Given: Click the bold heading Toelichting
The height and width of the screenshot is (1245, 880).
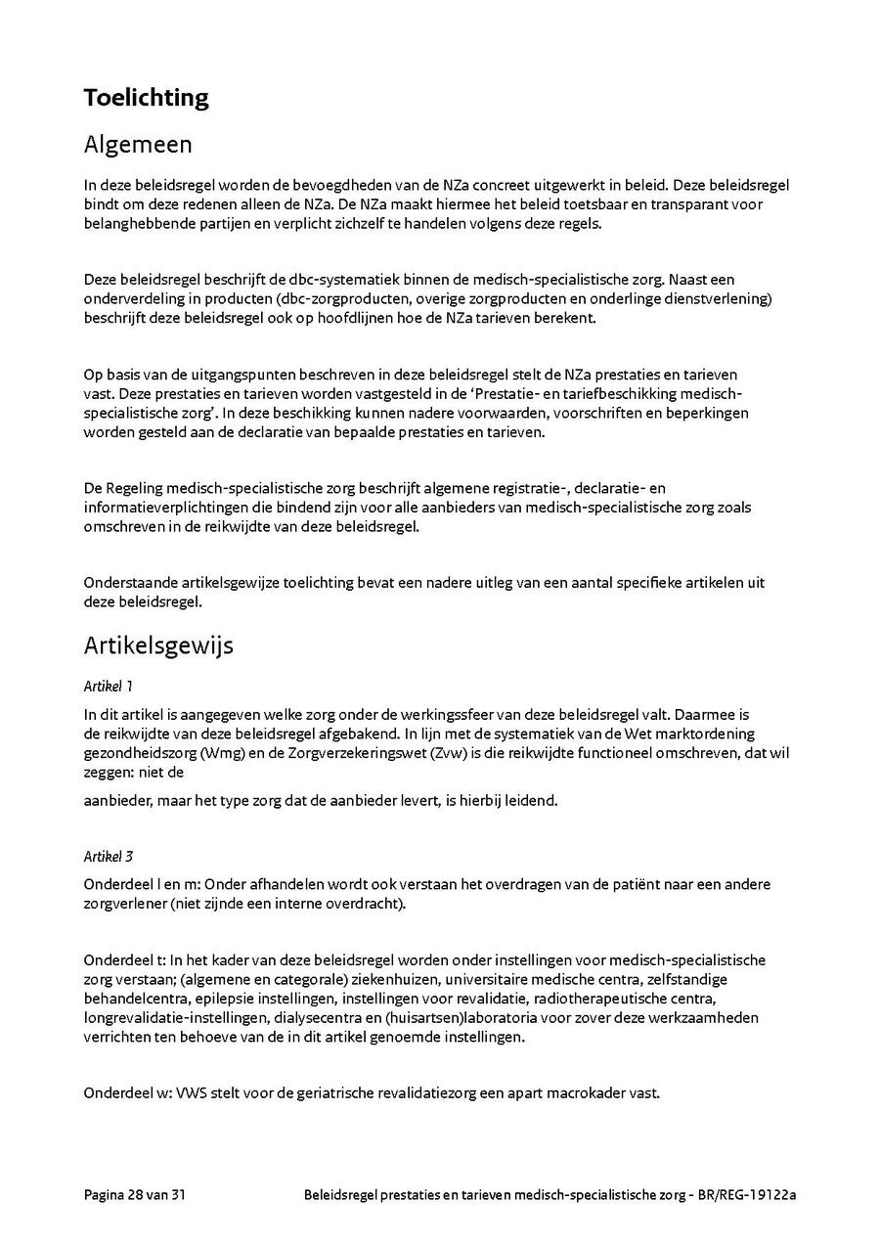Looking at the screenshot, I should pos(146,98).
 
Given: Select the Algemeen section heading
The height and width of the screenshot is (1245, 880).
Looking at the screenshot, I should pos(138,145).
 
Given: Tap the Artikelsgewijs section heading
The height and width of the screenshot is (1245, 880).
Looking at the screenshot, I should pos(158,645).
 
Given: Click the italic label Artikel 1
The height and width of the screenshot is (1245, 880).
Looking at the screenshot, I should pos(108,687).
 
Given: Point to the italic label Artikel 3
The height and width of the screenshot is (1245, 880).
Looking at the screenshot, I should pos(108,857).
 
